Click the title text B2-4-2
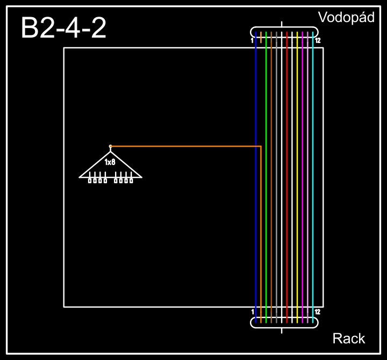[63, 27]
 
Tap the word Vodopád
[346, 18]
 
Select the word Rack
[349, 339]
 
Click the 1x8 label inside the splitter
[110, 162]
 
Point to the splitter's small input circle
[110, 146]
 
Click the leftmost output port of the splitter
[90, 181]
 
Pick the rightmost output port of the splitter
[131, 181]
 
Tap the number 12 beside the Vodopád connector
[318, 40]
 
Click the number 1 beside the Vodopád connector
[252, 40]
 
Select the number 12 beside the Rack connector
[318, 312]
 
